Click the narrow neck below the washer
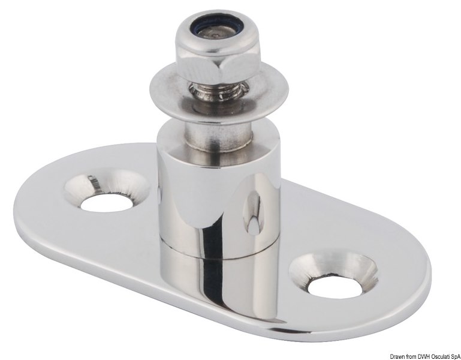[216, 132]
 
